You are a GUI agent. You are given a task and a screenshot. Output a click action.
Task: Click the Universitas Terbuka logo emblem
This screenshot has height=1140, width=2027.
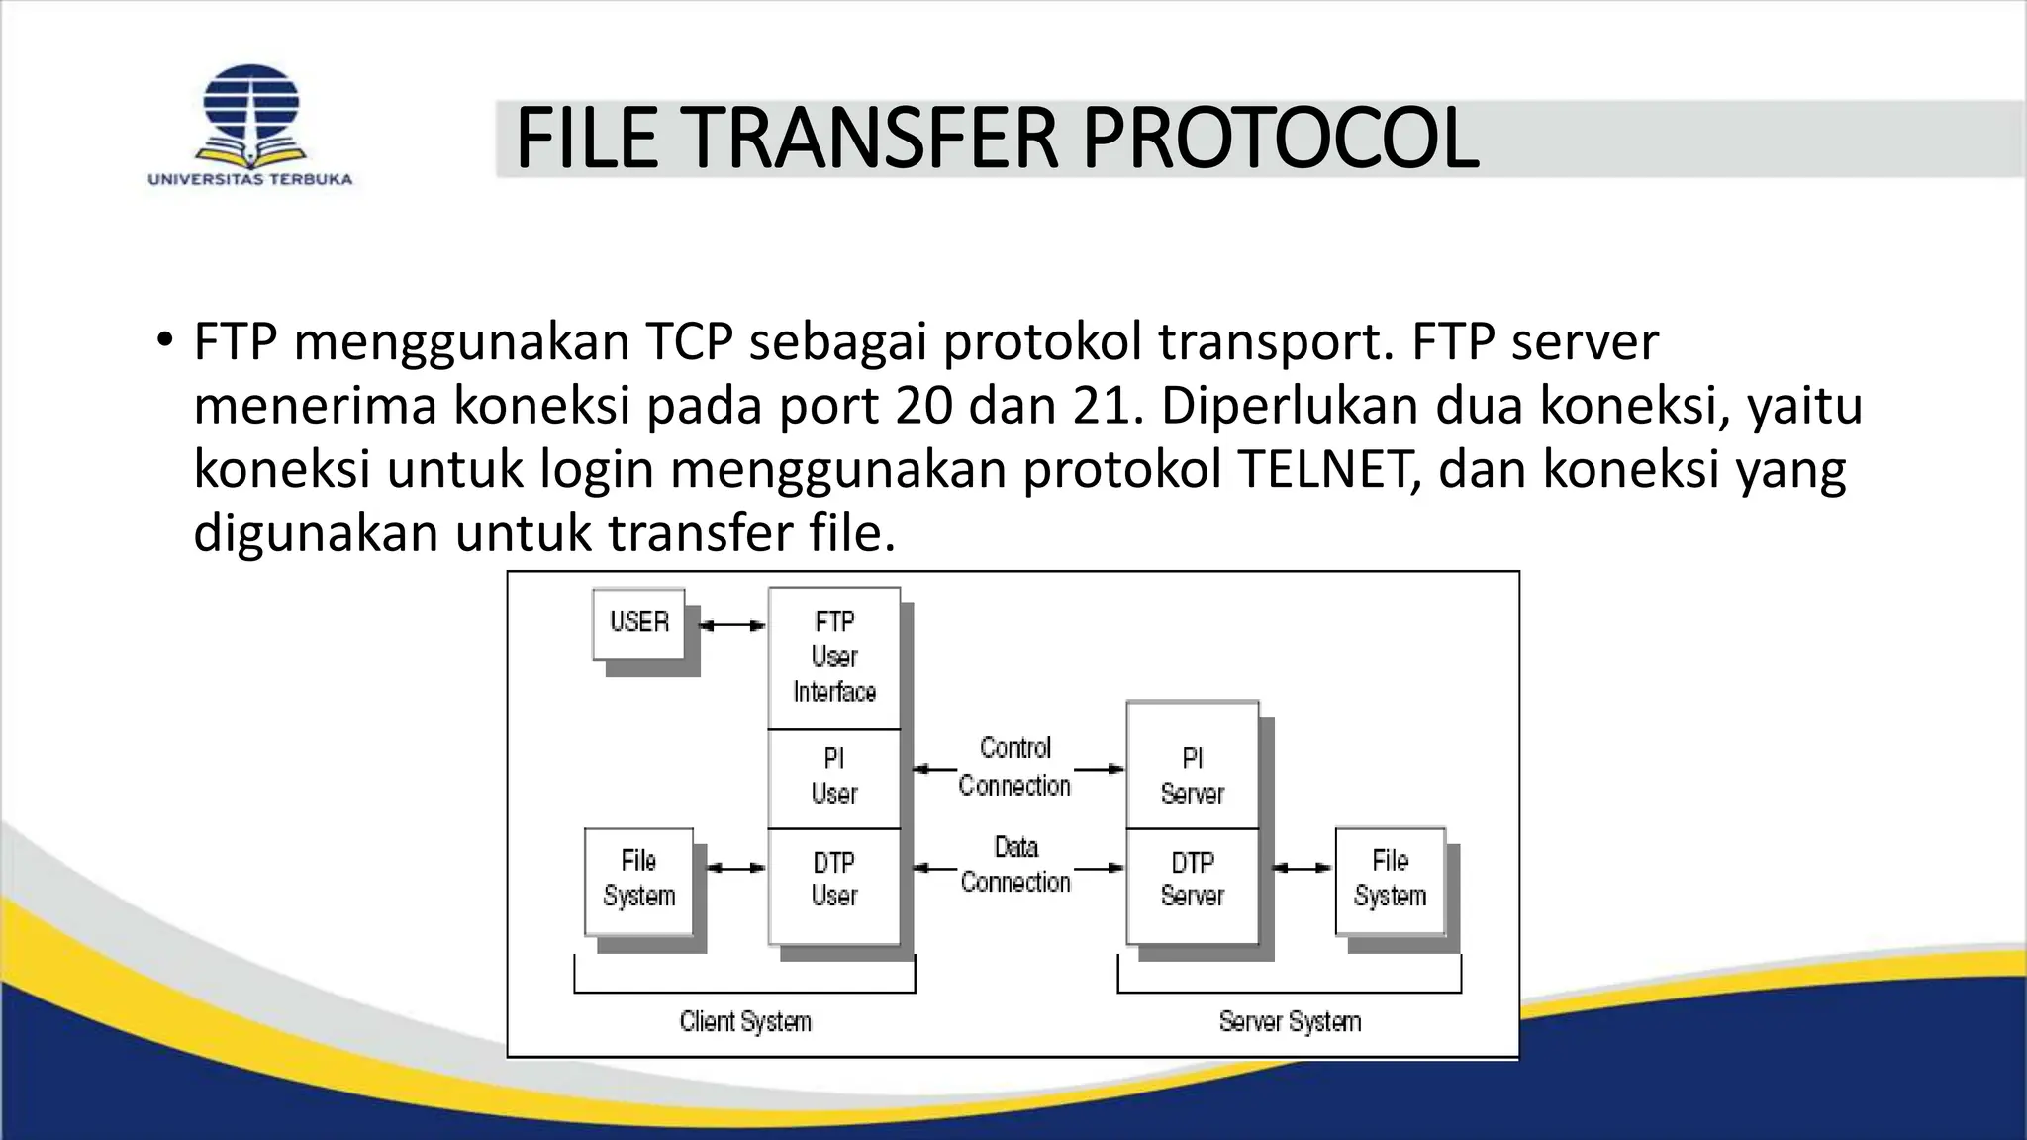[250, 113]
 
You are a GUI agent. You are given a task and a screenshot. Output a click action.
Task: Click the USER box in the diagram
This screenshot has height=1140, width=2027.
[639, 622]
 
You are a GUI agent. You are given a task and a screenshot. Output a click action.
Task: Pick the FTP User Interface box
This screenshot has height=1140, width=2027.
[834, 657]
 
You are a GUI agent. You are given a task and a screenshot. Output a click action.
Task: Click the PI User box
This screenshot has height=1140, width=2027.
[834, 778]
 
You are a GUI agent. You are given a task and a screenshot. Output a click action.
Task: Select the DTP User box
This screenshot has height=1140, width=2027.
[834, 881]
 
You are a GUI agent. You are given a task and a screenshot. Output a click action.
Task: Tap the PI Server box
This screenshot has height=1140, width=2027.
[1193, 776]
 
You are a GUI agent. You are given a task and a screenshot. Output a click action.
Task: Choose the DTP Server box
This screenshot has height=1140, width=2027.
[1193, 881]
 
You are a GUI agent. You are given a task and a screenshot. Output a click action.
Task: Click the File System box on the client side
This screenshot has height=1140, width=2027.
[639, 879]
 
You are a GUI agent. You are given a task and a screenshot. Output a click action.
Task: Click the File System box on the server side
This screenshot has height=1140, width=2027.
[1390, 879]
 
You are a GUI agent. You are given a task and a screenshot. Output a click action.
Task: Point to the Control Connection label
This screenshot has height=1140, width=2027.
[1015, 767]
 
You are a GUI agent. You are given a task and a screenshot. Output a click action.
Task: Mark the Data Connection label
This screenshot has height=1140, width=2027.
[1015, 865]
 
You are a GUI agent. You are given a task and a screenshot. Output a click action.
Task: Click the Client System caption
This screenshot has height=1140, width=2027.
[745, 1022]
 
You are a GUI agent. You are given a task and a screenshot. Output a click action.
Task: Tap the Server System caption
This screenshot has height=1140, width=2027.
[1290, 1022]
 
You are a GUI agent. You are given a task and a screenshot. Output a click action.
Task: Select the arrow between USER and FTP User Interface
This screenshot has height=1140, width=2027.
[732, 625]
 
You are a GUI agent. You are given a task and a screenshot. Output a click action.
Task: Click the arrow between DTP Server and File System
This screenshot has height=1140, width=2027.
[1302, 868]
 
